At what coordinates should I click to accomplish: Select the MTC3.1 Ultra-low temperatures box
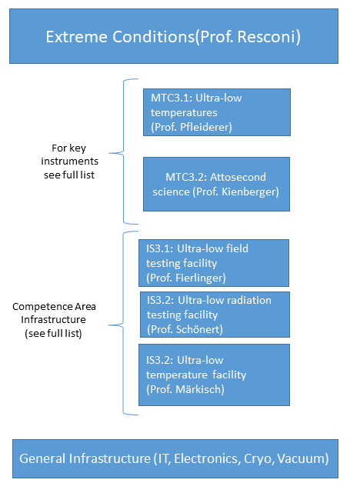pos(217,112)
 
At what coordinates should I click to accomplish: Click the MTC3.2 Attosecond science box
pos(216,184)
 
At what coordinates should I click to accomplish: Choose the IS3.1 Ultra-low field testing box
pos(214,263)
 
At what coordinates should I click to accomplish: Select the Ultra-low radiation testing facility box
pos(215,315)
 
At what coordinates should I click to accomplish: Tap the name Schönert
pos(198,329)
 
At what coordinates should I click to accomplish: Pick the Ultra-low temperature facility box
pos(214,375)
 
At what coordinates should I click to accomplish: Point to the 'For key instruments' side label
pos(69,162)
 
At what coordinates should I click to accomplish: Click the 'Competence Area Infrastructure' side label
pos(54,320)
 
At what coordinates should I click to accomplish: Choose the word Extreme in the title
pos(77,36)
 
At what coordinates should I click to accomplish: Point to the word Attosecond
pos(238,177)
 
